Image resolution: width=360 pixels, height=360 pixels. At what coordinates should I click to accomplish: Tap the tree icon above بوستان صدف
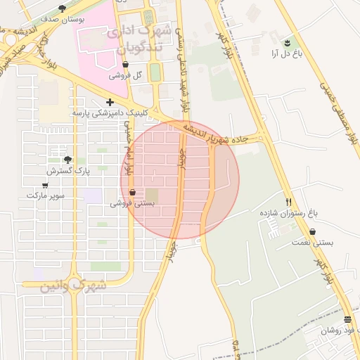(x=62, y=8)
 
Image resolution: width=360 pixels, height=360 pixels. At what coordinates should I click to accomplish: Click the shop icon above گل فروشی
(x=125, y=64)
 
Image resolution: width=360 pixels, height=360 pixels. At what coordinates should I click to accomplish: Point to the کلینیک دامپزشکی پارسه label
(x=110, y=112)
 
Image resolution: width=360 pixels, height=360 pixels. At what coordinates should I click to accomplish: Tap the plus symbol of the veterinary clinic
(x=110, y=102)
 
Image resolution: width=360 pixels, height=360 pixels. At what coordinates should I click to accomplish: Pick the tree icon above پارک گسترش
(x=67, y=160)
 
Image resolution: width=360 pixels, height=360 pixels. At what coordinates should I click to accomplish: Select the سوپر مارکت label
(x=45, y=195)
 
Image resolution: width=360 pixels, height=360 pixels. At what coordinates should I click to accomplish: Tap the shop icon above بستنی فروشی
(x=132, y=192)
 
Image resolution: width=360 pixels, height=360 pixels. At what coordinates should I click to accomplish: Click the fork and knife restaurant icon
(x=288, y=201)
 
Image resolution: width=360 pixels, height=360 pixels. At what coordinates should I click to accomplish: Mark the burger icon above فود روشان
(x=347, y=319)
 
